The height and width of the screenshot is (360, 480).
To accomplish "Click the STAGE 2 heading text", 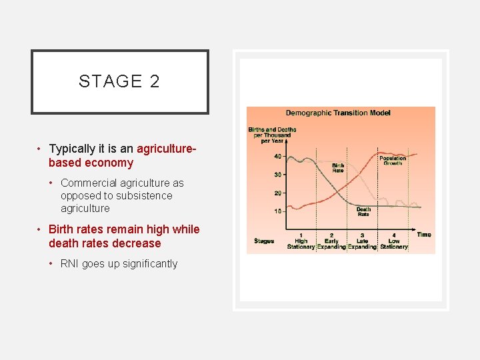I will click(119, 81).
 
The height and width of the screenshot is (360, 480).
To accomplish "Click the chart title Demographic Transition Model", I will click(338, 113).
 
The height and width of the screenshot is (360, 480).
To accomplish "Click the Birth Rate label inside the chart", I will click(338, 167).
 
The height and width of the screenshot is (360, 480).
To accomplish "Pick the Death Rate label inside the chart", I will click(363, 212).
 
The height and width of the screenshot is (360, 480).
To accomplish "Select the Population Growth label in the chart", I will click(393, 161).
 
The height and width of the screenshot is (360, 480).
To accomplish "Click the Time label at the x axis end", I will click(424, 235).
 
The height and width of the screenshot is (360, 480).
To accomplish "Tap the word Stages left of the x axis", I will click(264, 241).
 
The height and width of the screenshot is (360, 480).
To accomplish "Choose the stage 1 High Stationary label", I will click(301, 241).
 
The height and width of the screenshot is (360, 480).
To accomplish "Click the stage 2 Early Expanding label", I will click(331, 241).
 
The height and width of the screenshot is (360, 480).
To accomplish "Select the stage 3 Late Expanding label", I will click(362, 241).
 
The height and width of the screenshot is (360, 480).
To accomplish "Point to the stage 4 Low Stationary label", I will click(394, 241).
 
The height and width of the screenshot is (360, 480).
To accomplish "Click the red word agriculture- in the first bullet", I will click(167, 149).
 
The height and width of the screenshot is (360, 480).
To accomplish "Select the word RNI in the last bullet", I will click(70, 264).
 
